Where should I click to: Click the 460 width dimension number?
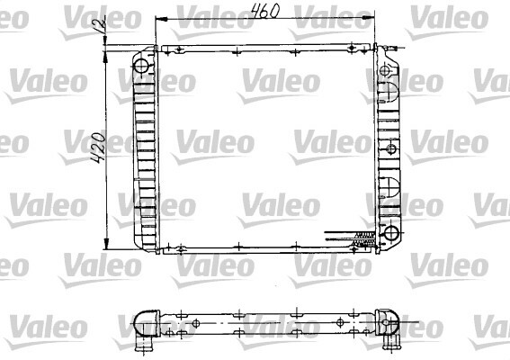click(265, 11)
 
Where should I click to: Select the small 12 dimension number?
click(100, 26)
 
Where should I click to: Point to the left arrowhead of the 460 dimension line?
click(162, 19)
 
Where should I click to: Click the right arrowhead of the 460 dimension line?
click(368, 19)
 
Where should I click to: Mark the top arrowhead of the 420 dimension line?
click(106, 58)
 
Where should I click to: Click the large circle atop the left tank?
click(141, 66)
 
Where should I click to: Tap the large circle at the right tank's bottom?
click(391, 233)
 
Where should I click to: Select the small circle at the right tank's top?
click(385, 70)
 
